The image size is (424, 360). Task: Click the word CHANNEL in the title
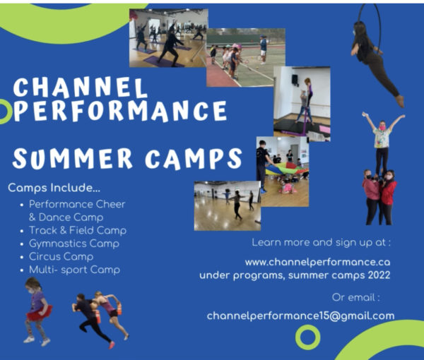click(x=79, y=88)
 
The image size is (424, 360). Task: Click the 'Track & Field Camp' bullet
click(x=78, y=230)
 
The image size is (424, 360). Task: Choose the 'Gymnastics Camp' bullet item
click(x=74, y=244)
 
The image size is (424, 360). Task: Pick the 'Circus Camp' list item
click(x=61, y=256)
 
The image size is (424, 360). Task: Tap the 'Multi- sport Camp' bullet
click(x=74, y=270)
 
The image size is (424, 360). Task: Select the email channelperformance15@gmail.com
click(x=300, y=316)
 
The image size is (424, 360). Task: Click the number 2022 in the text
click(x=375, y=274)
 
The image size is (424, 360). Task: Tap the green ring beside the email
click(x=307, y=337)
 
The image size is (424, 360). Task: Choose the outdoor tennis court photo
click(x=245, y=56)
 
